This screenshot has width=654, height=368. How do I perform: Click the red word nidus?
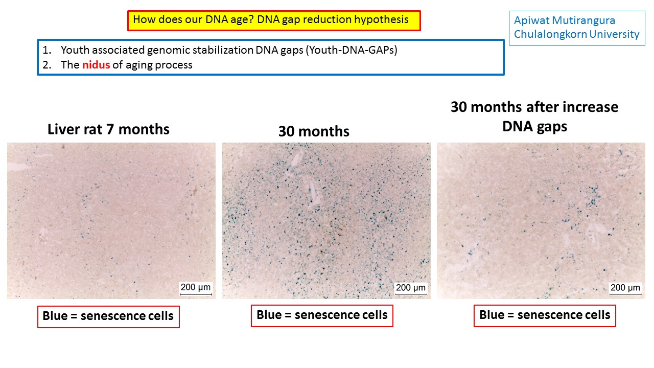tap(96, 65)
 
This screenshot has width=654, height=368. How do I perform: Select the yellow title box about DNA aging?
tap(274, 20)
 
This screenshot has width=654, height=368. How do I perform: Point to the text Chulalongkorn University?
tap(576, 34)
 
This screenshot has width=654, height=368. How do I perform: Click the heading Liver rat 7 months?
tap(108, 129)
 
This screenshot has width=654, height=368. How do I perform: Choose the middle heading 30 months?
tap(314, 131)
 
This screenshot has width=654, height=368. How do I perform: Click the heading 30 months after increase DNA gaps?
tap(534, 117)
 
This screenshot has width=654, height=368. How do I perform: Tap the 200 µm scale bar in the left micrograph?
tap(196, 288)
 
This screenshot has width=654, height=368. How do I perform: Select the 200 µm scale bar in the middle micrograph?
tap(411, 288)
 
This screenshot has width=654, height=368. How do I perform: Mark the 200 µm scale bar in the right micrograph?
tap(625, 288)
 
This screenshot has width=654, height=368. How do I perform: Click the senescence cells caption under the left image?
tap(108, 316)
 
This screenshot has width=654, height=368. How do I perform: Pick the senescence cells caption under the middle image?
tap(322, 315)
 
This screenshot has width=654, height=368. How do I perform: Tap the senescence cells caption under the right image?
tap(545, 315)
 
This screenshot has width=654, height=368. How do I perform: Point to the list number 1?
tap(46, 51)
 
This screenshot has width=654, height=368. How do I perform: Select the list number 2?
tap(46, 65)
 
